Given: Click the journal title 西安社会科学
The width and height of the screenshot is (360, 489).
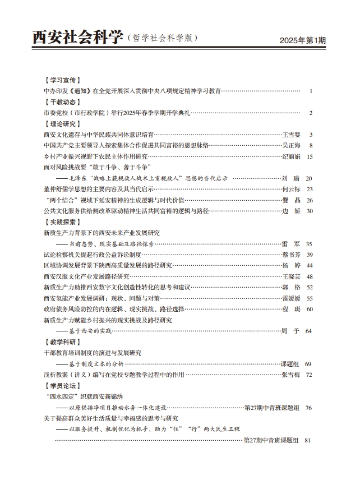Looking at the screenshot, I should point(78,38).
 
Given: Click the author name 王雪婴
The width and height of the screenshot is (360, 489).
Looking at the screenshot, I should point(290,135).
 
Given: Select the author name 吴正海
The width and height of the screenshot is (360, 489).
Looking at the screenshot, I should point(290,146).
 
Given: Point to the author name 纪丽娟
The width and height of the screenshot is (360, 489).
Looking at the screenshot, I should point(290,156).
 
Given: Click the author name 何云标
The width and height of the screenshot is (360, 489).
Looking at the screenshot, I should point(290,190).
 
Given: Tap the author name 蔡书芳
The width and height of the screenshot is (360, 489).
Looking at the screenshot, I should point(290,255).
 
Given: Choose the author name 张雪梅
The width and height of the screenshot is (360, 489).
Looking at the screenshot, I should point(290,375).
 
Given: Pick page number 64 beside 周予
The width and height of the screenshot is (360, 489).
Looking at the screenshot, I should point(308,331).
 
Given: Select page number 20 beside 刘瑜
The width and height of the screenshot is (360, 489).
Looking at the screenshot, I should point(309,178).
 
